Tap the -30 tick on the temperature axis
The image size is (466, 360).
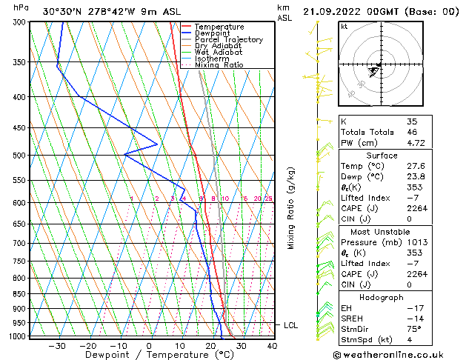pyautogui.click(x=57, y=345)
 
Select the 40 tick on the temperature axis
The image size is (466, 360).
pyautogui.click(x=272, y=345)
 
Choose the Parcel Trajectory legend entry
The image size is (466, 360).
pyautogui.click(x=228, y=40)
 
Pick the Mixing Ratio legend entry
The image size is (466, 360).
pyautogui.click(x=220, y=65)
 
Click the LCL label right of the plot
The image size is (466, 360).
pyautogui.click(x=291, y=325)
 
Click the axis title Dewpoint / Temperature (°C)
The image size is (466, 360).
pyautogui.click(x=150, y=355)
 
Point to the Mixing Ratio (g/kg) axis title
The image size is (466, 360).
pyautogui.click(x=292, y=208)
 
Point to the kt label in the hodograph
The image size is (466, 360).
pyautogui.click(x=344, y=26)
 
